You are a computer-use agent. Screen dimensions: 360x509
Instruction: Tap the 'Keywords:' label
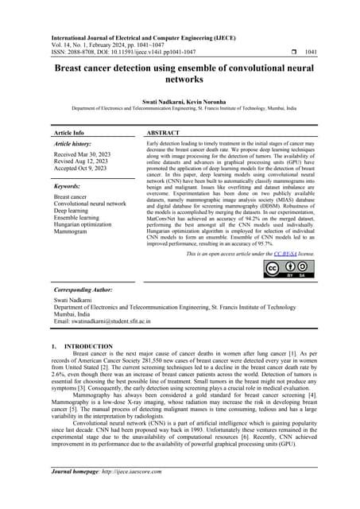pos(71,184)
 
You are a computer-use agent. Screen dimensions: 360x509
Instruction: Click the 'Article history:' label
pos(75,144)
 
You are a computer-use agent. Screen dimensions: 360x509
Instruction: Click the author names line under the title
pos(180,103)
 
